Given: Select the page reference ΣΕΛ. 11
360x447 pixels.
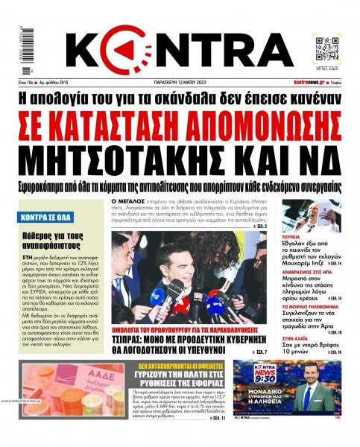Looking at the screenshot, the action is tap(219, 419).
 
